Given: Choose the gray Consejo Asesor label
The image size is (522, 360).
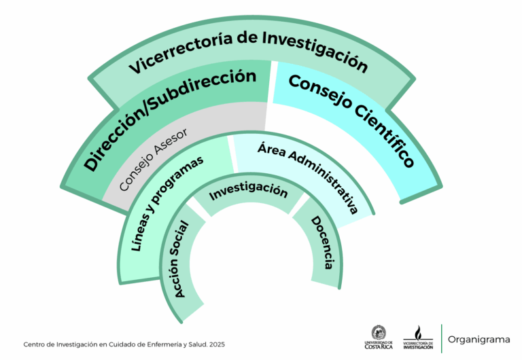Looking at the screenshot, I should coord(152,158).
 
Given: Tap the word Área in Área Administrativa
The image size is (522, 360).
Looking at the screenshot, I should coord(272,149).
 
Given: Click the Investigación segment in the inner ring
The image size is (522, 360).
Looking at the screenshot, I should coord(248,192).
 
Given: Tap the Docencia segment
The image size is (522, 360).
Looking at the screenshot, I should coord(322,242).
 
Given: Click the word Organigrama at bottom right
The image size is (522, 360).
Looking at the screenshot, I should coord(479,338).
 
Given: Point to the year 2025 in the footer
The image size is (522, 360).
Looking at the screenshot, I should coord(217,345).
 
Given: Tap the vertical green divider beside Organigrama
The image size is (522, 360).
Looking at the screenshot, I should coord(441,338).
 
